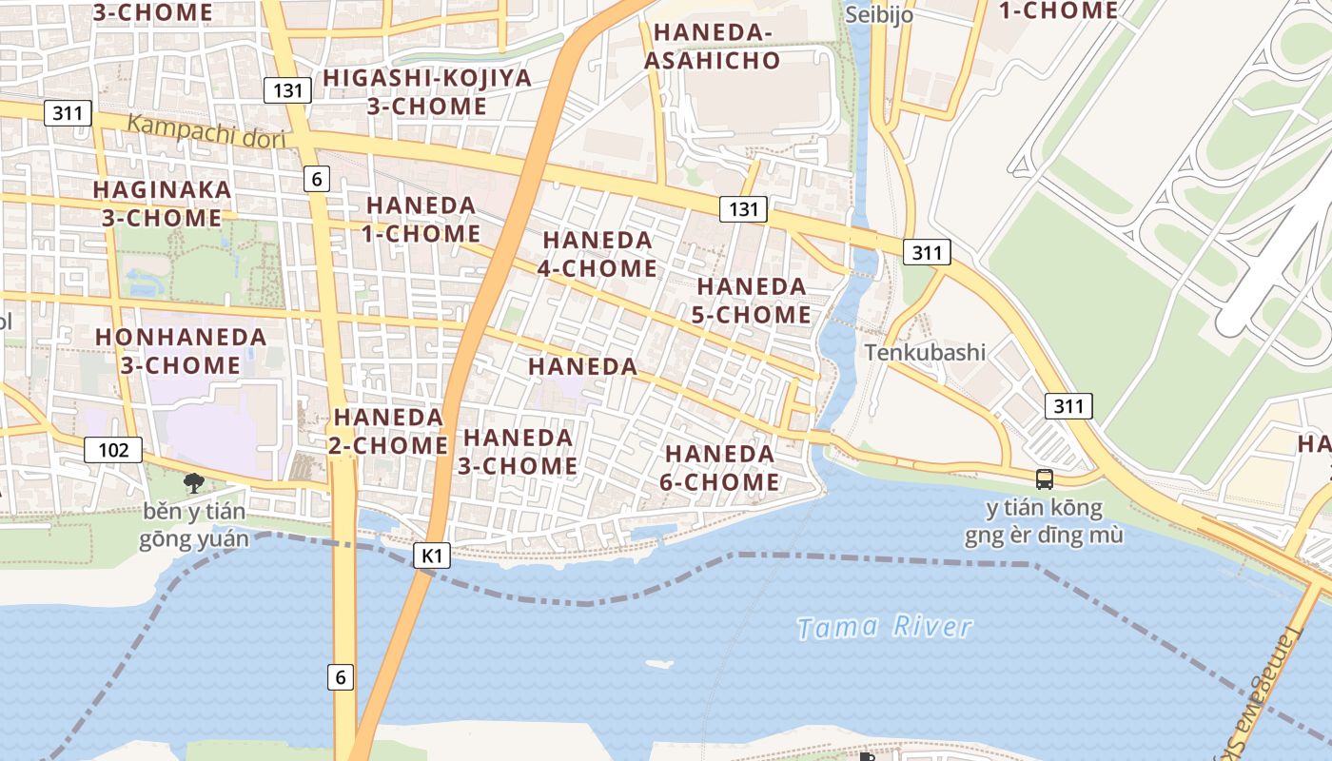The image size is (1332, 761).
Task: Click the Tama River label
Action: point(885,628)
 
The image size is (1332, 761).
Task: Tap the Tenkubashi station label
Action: point(925,352)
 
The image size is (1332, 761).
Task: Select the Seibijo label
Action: point(878,14)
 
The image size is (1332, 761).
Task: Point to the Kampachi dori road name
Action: point(206,131)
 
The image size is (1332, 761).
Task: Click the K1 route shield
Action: point(432,556)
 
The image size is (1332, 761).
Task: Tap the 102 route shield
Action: point(113,449)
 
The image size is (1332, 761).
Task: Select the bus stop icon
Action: point(1045,478)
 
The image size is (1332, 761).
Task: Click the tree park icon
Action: point(193,482)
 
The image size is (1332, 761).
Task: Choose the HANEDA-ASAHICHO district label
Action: point(712,46)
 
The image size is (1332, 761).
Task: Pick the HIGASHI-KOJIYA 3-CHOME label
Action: point(427,91)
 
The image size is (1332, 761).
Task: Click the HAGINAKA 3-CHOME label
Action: point(162,203)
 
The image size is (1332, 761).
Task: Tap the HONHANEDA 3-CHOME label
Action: point(181,350)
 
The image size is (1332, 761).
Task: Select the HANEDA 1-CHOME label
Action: point(421,219)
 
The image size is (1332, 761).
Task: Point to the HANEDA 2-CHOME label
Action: point(389,431)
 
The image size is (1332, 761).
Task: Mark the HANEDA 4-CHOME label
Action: point(597,254)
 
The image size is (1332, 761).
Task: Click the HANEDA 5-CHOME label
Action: point(752,300)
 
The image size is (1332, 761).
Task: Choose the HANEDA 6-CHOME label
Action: point(719,468)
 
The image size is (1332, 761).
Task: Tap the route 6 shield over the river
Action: point(341,677)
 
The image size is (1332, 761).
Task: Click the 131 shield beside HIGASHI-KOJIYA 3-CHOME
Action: point(287,90)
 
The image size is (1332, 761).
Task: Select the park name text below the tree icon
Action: point(193,526)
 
